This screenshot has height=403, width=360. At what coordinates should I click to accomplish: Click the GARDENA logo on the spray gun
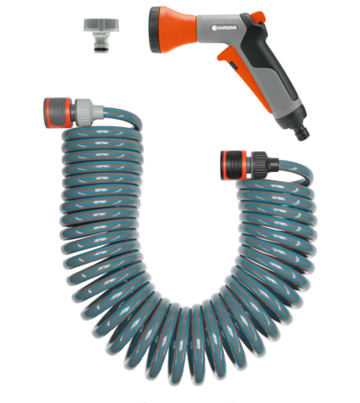[x=222, y=31]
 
